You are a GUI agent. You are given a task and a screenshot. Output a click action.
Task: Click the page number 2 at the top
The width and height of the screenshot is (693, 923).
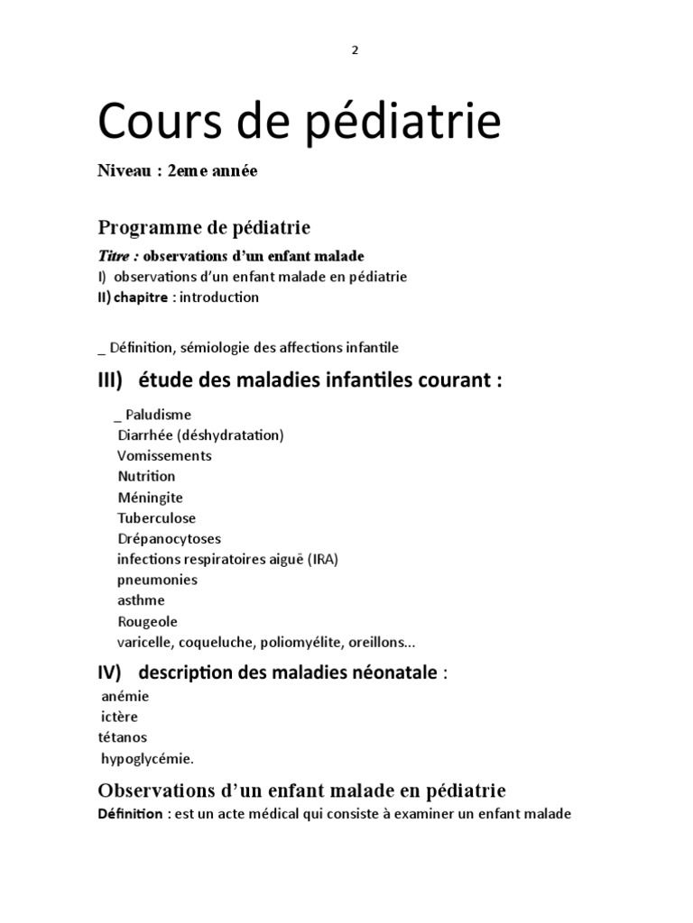point(355,50)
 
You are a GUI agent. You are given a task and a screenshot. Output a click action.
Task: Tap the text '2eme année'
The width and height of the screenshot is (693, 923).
point(212,171)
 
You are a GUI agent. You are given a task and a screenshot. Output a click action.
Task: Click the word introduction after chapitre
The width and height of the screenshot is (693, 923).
point(219,297)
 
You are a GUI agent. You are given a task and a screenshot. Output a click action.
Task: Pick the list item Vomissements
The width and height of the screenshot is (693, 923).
point(165,456)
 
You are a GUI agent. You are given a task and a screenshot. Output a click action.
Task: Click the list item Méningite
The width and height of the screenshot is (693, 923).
point(150,498)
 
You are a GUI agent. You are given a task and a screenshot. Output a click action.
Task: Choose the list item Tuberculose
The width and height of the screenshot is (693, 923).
point(156,518)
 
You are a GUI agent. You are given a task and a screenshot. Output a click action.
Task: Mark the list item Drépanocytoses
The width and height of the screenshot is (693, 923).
point(169,539)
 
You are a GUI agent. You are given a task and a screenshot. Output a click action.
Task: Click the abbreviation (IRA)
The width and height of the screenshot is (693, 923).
point(322,560)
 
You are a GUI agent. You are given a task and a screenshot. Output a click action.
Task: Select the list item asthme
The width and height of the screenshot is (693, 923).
point(141,600)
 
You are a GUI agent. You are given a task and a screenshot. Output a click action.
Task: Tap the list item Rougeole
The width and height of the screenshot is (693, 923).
point(148,622)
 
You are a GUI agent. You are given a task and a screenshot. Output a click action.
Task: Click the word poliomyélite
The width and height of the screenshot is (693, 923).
point(306,643)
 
